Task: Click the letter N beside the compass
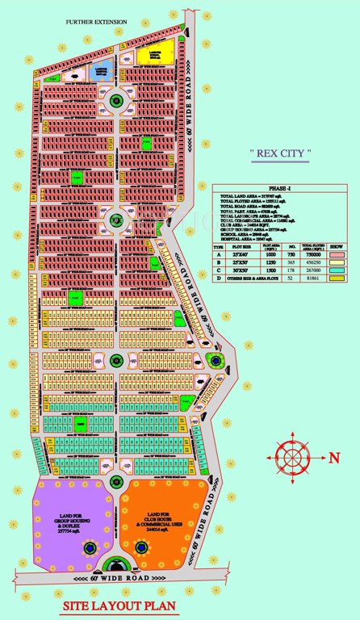(333, 457)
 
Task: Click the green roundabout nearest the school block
(116, 102)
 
